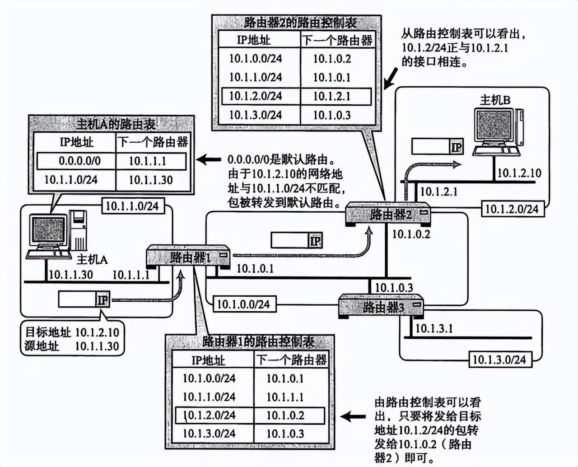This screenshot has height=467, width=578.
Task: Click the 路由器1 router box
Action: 189,257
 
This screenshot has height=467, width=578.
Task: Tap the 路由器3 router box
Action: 382,307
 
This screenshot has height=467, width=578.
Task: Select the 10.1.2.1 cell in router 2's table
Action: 332,96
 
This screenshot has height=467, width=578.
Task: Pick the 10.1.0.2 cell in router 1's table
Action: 285,416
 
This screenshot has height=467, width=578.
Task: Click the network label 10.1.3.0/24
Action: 499,360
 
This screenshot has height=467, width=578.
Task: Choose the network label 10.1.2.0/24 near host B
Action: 512,209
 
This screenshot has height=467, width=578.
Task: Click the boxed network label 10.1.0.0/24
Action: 243,304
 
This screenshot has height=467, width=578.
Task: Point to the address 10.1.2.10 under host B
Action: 519,173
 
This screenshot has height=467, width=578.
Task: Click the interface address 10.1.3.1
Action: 433,328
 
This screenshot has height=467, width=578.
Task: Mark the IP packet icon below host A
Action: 84,299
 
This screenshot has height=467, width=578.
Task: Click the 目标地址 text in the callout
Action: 48,333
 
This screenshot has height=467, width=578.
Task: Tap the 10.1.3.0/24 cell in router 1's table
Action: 209,434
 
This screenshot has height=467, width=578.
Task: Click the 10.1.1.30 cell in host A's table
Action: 151,180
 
